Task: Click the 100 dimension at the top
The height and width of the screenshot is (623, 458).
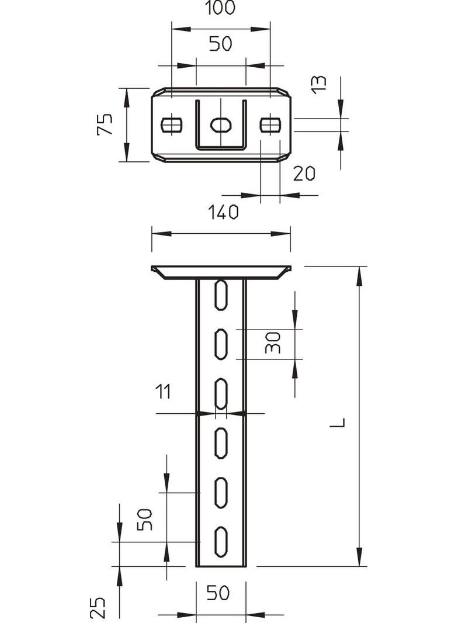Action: pos(220,8)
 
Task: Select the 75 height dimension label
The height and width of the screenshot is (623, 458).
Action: pos(105,124)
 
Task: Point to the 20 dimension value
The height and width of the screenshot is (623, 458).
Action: pos(304,174)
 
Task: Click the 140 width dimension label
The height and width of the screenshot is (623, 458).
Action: pos(220,213)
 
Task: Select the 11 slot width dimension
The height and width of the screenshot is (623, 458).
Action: pos(163,392)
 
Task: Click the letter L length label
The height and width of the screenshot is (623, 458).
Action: pos(338,422)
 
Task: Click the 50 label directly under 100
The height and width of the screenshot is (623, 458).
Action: pos(220,44)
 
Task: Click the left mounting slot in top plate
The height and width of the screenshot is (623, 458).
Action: pos(171,124)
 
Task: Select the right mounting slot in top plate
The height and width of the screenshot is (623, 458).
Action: pos(270,124)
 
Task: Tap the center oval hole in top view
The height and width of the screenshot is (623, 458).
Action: pos(221,124)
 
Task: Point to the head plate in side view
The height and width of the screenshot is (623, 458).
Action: pos(221,272)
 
